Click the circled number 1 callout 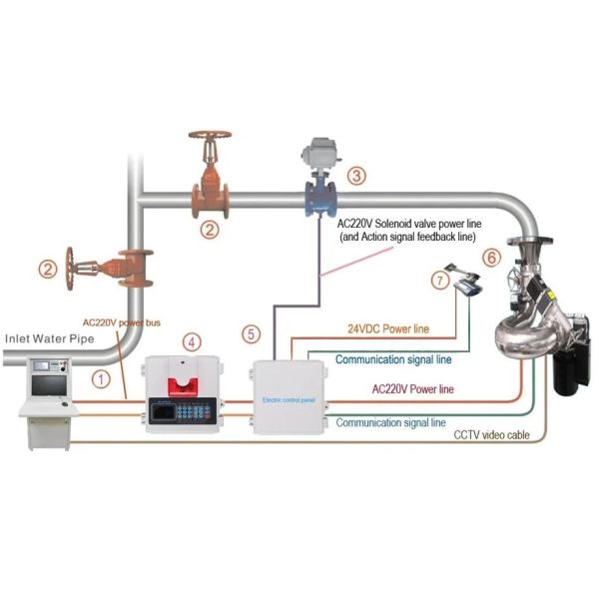pyautogui.click(x=100, y=378)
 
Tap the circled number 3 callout pyautogui.click(x=356, y=174)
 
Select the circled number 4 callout pyautogui.click(x=191, y=341)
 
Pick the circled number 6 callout pyautogui.click(x=490, y=257)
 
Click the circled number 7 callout pyautogui.click(x=440, y=283)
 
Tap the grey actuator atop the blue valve pyautogui.click(x=324, y=152)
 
